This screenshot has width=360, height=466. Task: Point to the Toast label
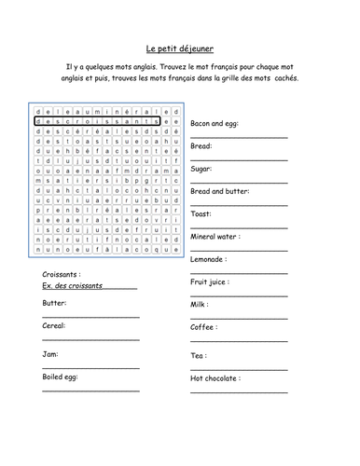pyautogui.click(x=202, y=214)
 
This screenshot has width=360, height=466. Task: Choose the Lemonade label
pyautogui.click(x=210, y=259)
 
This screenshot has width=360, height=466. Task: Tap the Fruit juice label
pyautogui.click(x=210, y=281)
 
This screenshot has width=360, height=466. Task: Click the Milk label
pyautogui.click(x=200, y=304)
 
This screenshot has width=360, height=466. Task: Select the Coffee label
pyautogui.click(x=203, y=328)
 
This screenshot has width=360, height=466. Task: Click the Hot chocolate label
pyautogui.click(x=215, y=378)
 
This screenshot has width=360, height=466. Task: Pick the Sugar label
pyautogui.click(x=201, y=169)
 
